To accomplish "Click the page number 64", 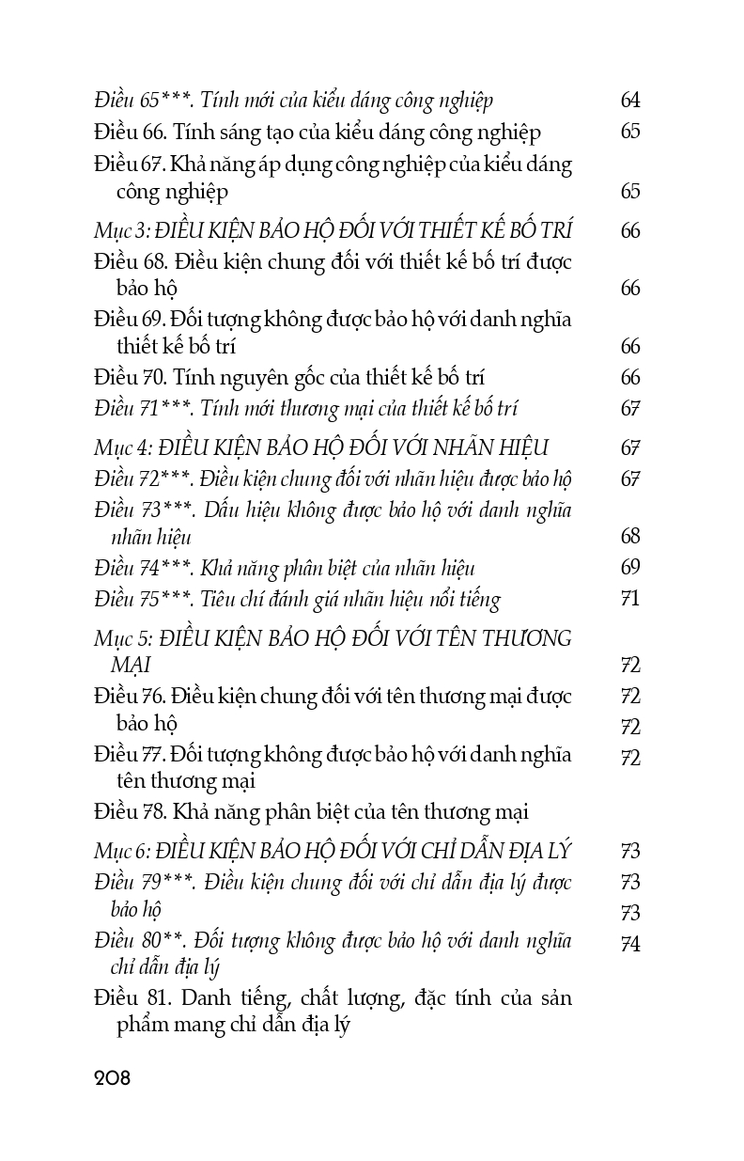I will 630,101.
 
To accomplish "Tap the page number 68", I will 630,537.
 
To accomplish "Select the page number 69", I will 630,568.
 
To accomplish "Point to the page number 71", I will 630,599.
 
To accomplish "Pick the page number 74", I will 630,944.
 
